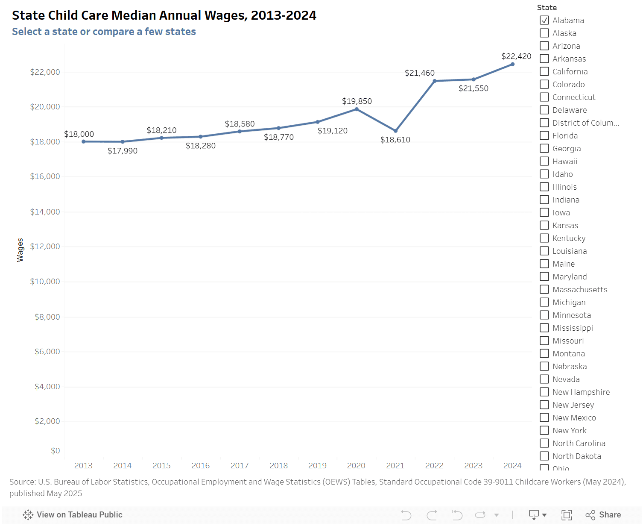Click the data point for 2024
coord(512,64)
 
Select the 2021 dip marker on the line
coord(395,131)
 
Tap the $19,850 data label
coord(357,101)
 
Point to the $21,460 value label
coord(419,73)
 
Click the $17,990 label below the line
coord(122,151)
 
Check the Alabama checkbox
coord(544,20)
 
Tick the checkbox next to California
coord(544,71)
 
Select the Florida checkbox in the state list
coord(544,135)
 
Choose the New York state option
coord(544,430)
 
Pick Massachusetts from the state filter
coord(544,289)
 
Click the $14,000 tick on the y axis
coord(45,212)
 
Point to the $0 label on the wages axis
coord(55,451)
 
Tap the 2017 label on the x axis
coord(240,466)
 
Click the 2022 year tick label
coord(434,466)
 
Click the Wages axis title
coord(20,250)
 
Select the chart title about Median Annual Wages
coord(164,15)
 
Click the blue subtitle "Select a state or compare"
coord(104,32)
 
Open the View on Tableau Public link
coord(73,515)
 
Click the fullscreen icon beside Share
coord(567,515)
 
